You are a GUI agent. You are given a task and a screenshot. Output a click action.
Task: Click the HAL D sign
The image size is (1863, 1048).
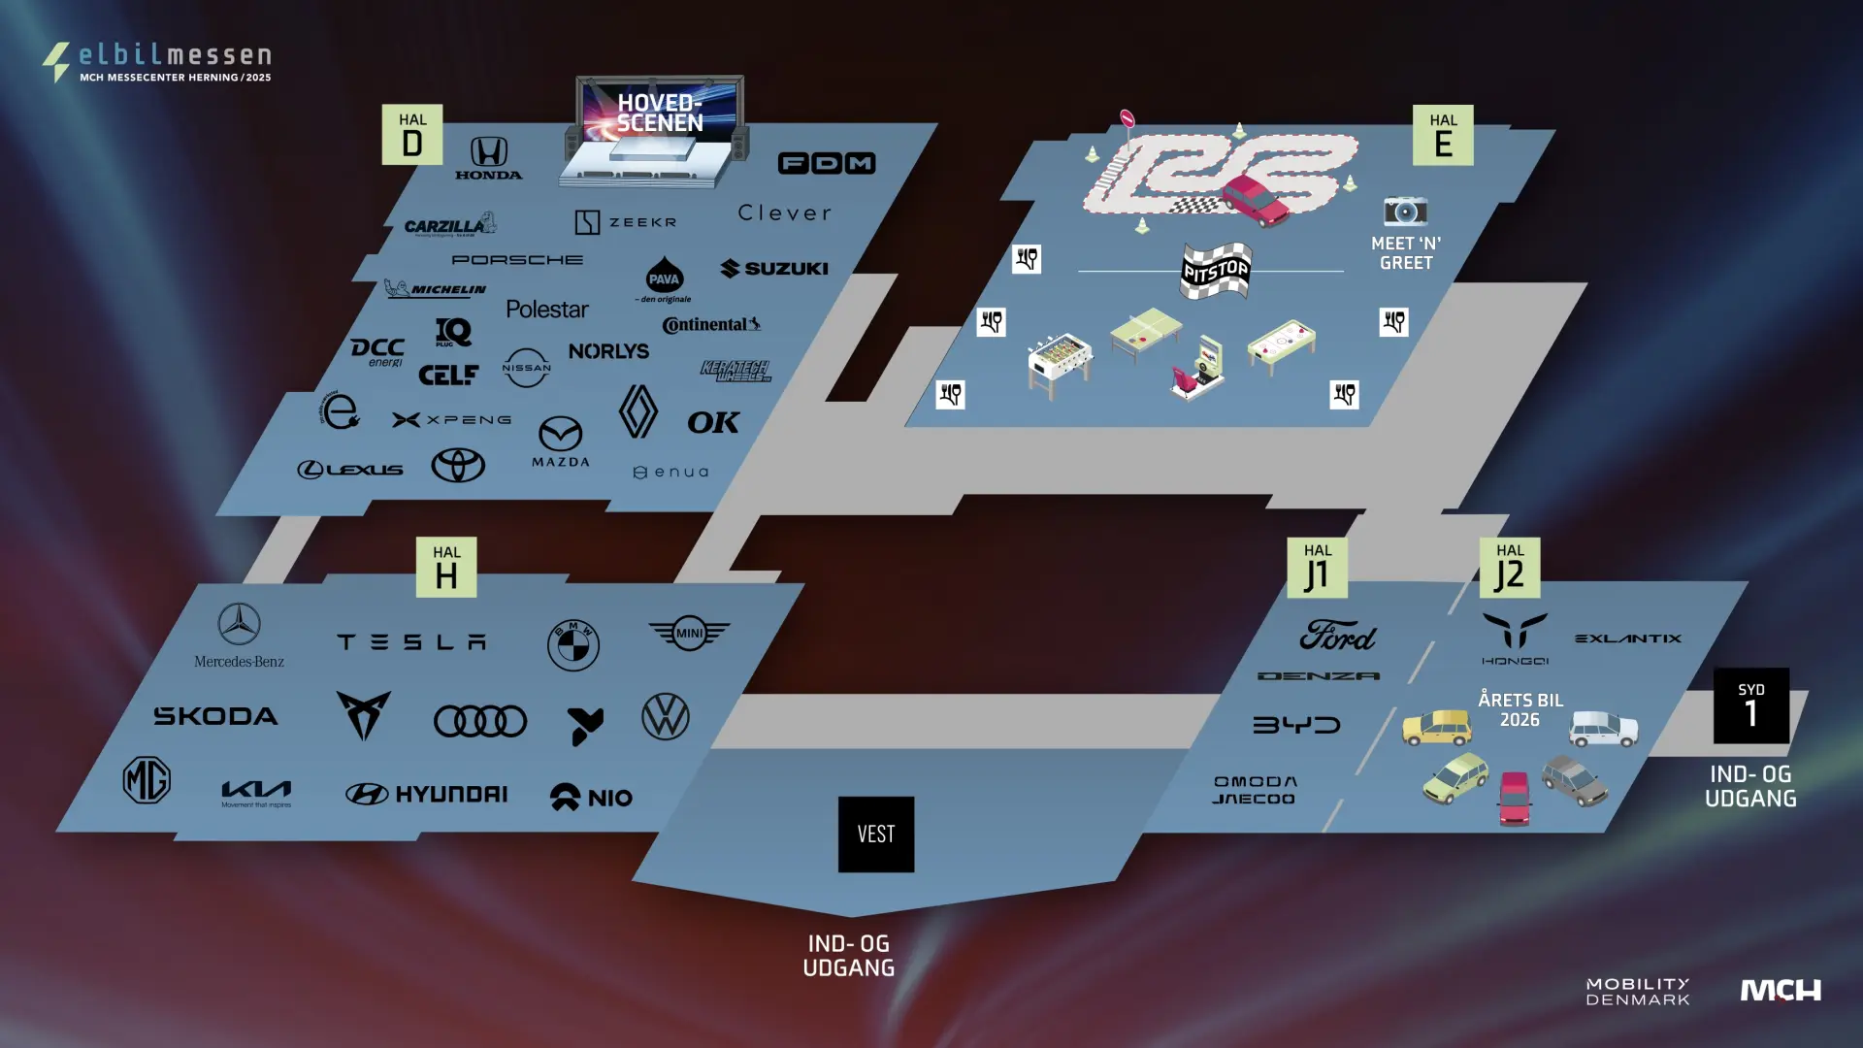(x=412, y=135)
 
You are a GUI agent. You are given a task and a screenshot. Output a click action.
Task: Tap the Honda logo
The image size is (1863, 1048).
(x=489, y=157)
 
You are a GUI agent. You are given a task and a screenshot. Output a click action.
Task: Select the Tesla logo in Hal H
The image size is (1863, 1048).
(x=411, y=641)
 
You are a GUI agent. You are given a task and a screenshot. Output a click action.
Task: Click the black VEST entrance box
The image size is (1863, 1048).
(x=875, y=834)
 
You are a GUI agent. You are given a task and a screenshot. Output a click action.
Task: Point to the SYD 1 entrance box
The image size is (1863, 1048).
(x=1750, y=705)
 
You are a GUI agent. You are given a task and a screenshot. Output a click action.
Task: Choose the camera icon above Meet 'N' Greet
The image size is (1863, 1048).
(x=1405, y=211)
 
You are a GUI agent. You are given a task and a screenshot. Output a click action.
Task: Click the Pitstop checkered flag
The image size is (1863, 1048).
(x=1216, y=270)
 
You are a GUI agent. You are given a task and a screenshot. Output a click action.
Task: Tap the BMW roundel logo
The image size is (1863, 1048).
(x=573, y=644)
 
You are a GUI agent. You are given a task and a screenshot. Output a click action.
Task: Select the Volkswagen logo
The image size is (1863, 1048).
(x=666, y=717)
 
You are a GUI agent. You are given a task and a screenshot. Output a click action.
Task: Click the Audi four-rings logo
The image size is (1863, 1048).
(x=480, y=721)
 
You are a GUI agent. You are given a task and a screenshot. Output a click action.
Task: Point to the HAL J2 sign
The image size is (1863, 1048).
(x=1510, y=568)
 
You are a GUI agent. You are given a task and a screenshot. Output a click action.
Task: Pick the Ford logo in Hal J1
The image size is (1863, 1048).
(x=1337, y=637)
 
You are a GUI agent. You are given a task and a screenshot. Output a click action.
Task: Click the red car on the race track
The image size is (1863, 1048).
(x=1256, y=200)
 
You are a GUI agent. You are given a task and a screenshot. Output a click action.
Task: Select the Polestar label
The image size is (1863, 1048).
(x=547, y=310)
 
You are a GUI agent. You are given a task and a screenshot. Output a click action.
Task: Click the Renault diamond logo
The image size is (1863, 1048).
(x=637, y=411)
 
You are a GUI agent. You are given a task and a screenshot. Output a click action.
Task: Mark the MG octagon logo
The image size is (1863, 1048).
(x=147, y=779)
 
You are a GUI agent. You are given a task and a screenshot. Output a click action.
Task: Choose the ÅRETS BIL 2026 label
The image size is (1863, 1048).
(x=1520, y=709)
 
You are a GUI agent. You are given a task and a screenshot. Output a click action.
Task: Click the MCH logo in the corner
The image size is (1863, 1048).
(x=1781, y=990)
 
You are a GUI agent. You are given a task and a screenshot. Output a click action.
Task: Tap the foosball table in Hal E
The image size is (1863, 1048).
(x=1060, y=363)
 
